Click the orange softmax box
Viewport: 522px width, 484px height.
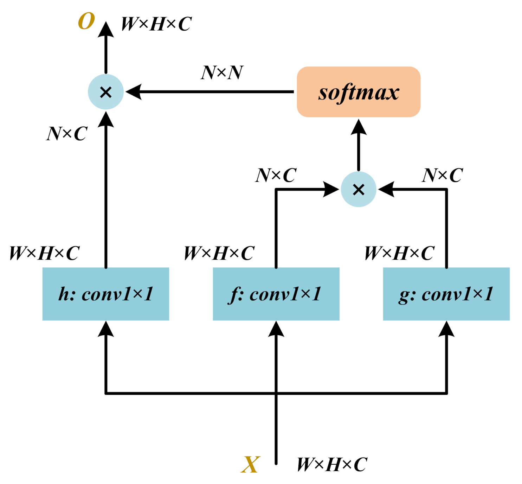358,92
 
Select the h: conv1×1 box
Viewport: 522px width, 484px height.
105,294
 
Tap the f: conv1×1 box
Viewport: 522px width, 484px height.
276,294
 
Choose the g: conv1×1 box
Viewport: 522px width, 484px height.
446,294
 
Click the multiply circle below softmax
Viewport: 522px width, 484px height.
358,190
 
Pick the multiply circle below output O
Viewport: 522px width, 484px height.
105,92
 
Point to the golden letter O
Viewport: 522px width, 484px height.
86,21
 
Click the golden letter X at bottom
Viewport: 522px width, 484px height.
250,465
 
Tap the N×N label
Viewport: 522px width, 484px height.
222,73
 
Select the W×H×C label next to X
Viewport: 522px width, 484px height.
332,465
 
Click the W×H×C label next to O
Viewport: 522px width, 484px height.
156,24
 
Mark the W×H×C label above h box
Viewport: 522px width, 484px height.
44,253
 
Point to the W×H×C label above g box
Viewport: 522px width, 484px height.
399,253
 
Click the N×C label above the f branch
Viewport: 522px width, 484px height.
276,175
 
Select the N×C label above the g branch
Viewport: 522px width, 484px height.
442,175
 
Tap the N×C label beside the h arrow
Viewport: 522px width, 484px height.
67,134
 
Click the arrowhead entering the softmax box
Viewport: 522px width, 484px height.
358,127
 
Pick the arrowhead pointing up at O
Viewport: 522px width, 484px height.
105,30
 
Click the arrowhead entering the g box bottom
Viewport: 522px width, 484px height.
446,329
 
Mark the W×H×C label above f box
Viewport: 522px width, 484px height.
219,253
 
